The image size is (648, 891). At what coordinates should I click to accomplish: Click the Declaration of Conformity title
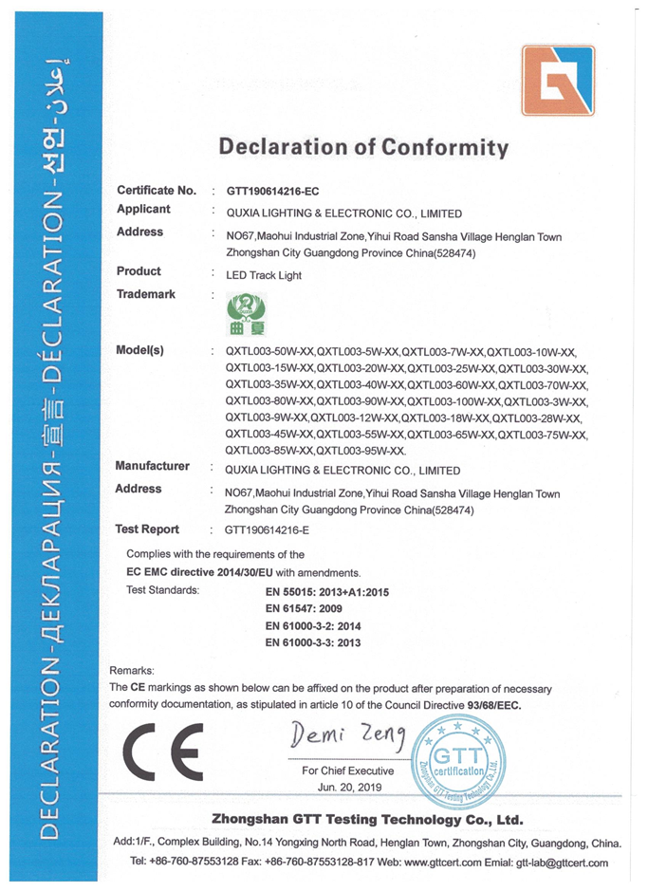[x=363, y=148]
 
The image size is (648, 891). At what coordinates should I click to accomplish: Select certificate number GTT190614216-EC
[x=279, y=192]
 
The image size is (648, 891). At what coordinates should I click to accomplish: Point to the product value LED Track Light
[x=263, y=273]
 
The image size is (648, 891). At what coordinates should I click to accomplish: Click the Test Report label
[x=147, y=529]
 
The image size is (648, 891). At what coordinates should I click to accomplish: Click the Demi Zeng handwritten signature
[x=348, y=733]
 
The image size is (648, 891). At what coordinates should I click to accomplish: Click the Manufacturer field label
[x=152, y=467]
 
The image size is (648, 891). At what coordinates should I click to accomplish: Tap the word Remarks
[x=132, y=670]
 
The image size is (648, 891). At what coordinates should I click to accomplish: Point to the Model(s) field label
[x=139, y=350]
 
